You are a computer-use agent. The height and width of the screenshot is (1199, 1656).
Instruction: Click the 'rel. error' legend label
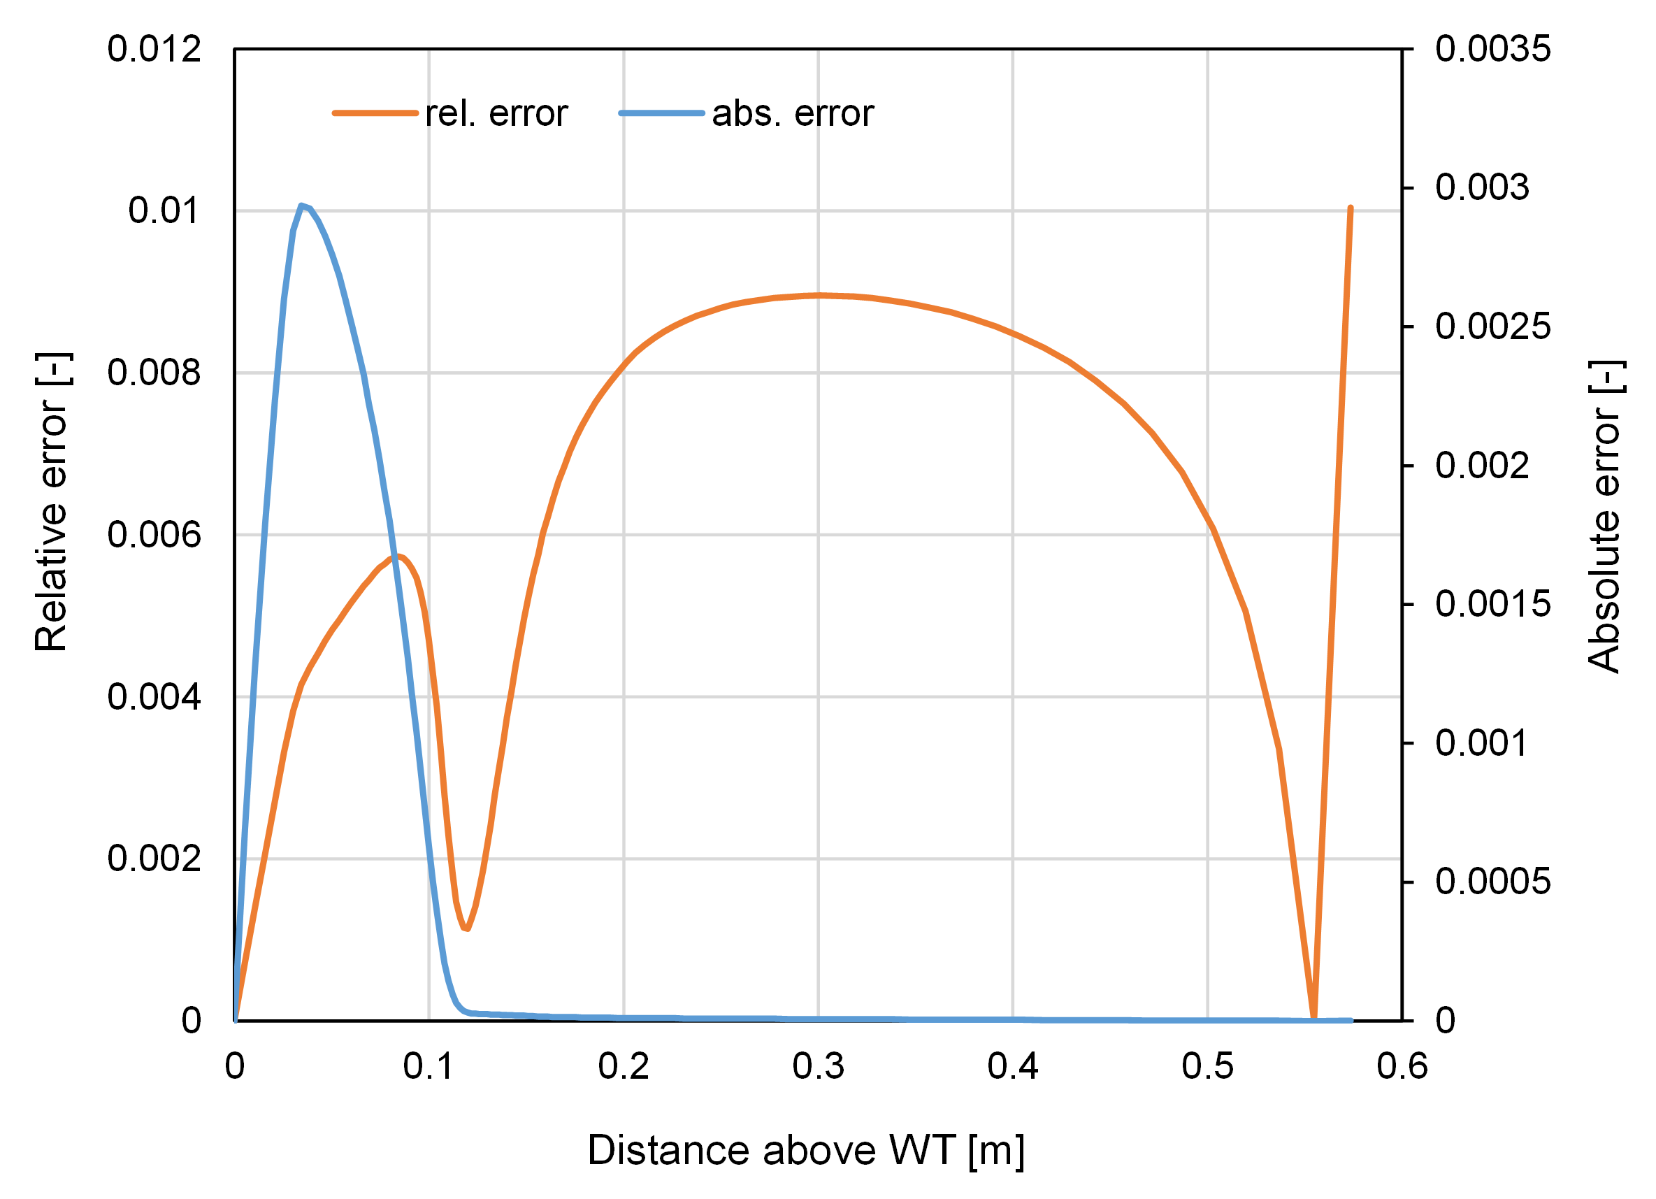(496, 114)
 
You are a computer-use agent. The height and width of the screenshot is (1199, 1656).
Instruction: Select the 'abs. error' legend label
(792, 114)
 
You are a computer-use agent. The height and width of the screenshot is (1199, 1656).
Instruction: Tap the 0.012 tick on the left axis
(154, 50)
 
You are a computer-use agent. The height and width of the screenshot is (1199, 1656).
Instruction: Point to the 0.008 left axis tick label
(154, 373)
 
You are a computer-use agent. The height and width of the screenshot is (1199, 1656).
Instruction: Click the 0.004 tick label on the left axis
(154, 697)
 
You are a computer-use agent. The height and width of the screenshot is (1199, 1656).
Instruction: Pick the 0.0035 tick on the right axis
(1492, 50)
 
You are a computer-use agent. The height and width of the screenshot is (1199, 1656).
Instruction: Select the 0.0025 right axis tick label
(1492, 326)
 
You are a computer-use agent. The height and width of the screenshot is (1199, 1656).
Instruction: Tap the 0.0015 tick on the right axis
(1492, 605)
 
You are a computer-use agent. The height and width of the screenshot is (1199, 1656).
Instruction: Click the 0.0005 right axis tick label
(1492, 882)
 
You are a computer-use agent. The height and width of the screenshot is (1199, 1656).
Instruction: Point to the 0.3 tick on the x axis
(818, 1068)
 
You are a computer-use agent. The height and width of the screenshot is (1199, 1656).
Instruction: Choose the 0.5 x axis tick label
(1208, 1068)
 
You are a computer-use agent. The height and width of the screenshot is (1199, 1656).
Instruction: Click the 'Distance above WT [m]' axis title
(805, 1151)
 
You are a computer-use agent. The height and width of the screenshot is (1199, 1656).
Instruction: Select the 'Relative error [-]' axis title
(52, 503)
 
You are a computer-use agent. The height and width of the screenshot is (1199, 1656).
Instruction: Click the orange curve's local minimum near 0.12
(466, 928)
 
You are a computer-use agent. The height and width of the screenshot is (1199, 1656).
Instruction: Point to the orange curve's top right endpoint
(1350, 209)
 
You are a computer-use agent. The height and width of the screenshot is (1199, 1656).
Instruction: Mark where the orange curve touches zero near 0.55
(1313, 1017)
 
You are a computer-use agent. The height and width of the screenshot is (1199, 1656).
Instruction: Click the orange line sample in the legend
(375, 114)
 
